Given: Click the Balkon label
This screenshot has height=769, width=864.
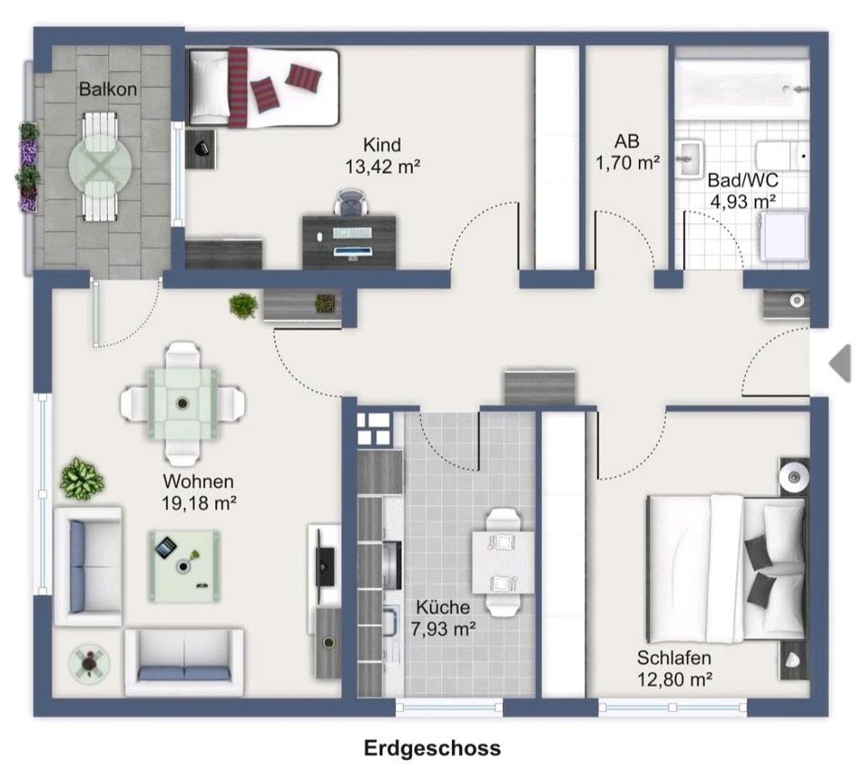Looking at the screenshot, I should (x=108, y=89).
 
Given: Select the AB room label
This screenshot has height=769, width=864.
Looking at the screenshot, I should (x=627, y=141).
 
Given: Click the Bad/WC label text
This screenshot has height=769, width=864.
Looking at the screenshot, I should (x=742, y=179).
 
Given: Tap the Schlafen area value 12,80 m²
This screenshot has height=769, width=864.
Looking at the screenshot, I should (x=674, y=679).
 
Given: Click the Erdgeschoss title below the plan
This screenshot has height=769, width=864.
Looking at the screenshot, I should (x=432, y=747).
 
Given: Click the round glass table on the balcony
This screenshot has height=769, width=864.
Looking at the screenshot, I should (x=100, y=166).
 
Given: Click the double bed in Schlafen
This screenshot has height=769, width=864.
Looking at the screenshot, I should (x=724, y=568).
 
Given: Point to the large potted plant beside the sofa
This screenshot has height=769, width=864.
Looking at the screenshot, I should (x=82, y=478).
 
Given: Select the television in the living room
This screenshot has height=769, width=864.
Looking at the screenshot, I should (x=325, y=563).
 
